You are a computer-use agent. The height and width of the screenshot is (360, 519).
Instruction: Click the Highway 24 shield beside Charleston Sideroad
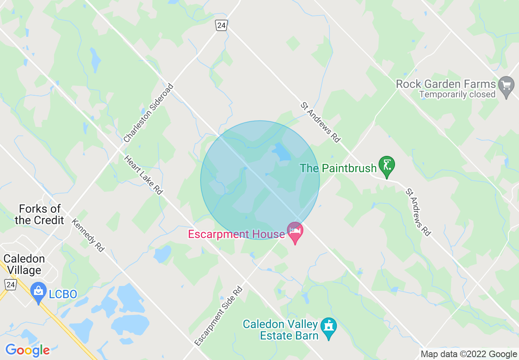pyautogui.click(x=221, y=25)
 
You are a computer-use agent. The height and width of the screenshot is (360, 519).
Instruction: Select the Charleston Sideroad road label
pyautogui.click(x=149, y=113)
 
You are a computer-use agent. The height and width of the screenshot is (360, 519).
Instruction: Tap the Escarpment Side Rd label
pyautogui.click(x=219, y=316)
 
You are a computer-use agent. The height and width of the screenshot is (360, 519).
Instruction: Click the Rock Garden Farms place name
pyautogui.click(x=446, y=84)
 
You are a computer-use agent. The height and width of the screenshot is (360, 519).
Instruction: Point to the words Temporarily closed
pyautogui.click(x=457, y=94)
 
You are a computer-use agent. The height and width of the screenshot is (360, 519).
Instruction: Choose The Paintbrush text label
pyautogui.click(x=338, y=168)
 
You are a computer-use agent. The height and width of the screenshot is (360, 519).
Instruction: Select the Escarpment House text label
pyautogui.click(x=236, y=234)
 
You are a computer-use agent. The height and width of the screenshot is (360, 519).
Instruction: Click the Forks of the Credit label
pyautogui.click(x=39, y=215)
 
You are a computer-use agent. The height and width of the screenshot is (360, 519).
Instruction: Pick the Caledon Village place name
pyautogui.click(x=24, y=264)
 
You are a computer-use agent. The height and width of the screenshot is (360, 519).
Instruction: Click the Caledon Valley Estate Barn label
pyautogui.click(x=280, y=330)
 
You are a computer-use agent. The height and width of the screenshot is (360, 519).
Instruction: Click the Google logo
pyautogui.click(x=27, y=350)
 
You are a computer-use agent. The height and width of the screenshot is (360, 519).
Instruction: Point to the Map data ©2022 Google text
pyautogui.click(x=469, y=354)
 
